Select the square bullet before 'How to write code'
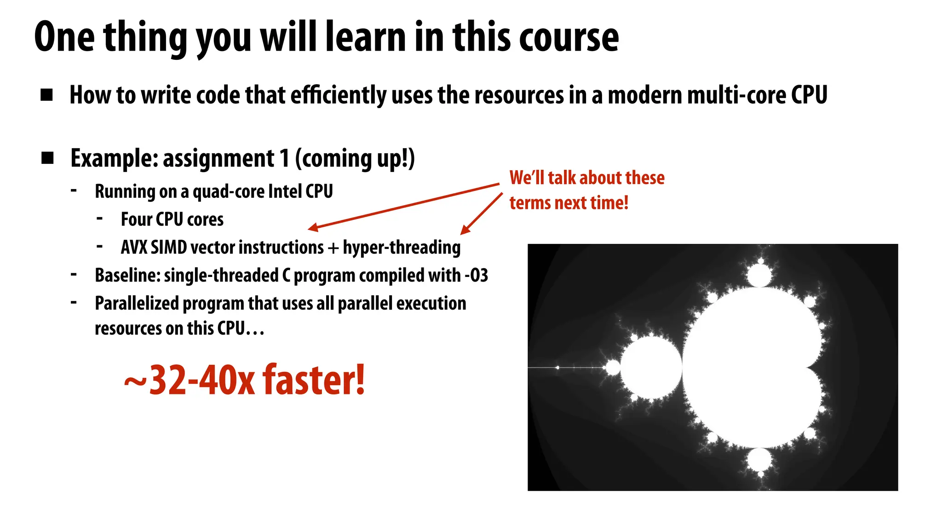tap(46, 95)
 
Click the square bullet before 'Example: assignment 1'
tap(47, 158)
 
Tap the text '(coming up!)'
tap(355, 159)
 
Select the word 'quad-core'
tap(227, 191)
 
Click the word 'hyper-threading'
tap(402, 248)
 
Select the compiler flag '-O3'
tap(477, 276)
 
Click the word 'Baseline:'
tap(127, 276)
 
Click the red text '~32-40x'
tap(189, 380)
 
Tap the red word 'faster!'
tap(314, 380)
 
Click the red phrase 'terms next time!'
tap(569, 203)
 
